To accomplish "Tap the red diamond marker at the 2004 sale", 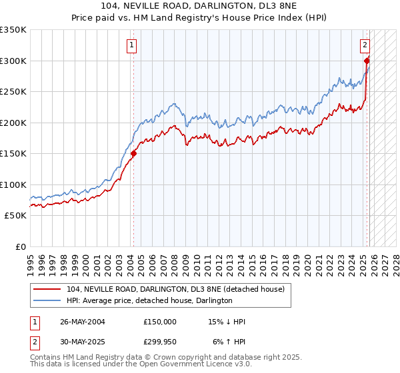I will (x=133, y=154).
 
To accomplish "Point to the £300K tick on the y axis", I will (x=13, y=61).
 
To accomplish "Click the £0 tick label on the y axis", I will (x=20, y=246).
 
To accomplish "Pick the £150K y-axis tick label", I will (x=13, y=154).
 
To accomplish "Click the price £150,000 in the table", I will (x=159, y=322).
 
